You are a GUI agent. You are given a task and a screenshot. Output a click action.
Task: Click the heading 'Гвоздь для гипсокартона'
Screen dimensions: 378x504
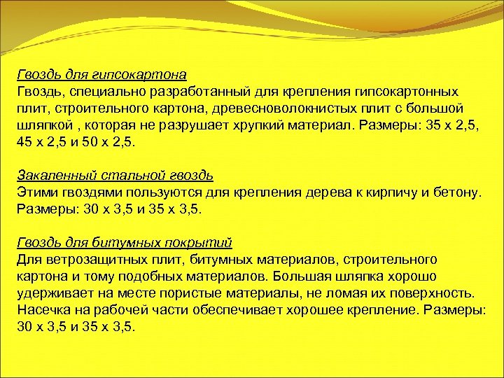coord(101,75)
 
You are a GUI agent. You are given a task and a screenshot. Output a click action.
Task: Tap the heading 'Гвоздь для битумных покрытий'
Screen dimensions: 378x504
coord(124,242)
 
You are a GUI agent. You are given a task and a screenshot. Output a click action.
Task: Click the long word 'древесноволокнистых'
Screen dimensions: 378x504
coord(273,108)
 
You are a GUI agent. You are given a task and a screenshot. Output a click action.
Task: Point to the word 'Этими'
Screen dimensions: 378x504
coord(34,192)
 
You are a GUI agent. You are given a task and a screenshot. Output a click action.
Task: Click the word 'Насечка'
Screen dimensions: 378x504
coord(43,310)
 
